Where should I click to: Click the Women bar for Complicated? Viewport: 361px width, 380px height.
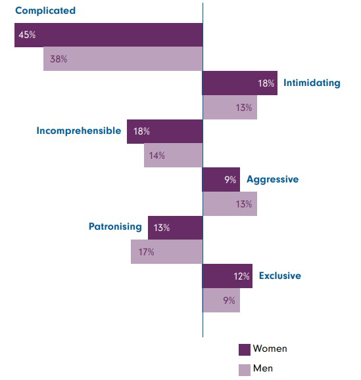tap(108, 35)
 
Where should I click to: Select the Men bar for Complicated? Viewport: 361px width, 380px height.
tap(123, 59)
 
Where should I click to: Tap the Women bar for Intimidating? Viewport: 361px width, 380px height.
tap(240, 83)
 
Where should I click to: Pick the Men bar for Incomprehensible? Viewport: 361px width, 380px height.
tap(174, 156)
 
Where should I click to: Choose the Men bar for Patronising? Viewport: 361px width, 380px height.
tap(166, 252)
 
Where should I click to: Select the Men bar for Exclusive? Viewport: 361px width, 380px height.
tap(222, 301)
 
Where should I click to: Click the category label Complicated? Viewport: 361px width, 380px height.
tap(45, 11)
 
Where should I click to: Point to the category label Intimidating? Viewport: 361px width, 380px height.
tap(312, 83)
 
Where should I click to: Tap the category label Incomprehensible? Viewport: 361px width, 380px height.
tap(78, 131)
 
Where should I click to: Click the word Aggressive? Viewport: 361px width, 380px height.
tap(273, 179)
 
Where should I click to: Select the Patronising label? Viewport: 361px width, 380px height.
tap(115, 227)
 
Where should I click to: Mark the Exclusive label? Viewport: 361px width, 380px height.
tap(280, 276)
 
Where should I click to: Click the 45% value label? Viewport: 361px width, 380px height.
tap(27, 35)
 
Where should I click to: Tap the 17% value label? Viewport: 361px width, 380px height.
tap(146, 253)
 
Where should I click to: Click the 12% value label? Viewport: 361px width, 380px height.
tap(242, 276)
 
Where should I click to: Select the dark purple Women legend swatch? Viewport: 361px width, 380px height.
tap(244, 349)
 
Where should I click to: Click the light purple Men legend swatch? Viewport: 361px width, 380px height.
tap(244, 369)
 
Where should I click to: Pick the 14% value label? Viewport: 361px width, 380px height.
tap(156, 156)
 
